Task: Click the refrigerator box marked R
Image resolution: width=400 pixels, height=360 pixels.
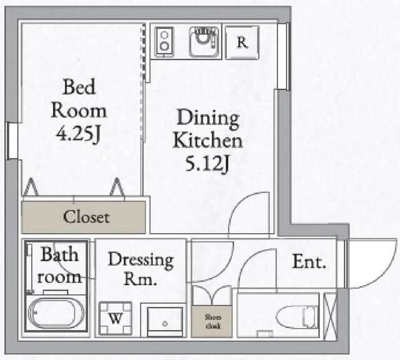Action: (242, 42)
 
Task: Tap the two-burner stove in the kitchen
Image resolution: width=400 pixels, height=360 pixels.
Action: (164, 42)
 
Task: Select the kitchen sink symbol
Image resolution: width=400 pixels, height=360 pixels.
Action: (204, 42)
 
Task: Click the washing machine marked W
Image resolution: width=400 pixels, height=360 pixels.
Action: (115, 318)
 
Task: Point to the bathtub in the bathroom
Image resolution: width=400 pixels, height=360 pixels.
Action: (56, 312)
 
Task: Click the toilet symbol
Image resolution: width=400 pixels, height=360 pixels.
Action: (297, 317)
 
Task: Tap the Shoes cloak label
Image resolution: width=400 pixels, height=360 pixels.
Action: (213, 321)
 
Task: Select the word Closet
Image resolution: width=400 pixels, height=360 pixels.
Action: (86, 217)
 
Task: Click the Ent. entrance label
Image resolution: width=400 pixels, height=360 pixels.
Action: (309, 261)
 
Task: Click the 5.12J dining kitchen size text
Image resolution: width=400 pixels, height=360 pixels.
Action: (207, 164)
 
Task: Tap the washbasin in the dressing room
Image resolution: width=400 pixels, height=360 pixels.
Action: (165, 322)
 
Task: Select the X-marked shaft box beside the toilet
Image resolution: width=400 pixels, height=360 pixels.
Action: (330, 317)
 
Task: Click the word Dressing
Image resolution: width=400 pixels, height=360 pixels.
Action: (141, 261)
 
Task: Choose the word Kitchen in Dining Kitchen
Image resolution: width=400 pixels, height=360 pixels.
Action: (207, 141)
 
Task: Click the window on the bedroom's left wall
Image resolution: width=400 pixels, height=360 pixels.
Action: (11, 141)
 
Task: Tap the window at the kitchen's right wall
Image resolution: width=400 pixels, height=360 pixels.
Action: (283, 56)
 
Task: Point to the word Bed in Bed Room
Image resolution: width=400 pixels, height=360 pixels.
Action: (79, 87)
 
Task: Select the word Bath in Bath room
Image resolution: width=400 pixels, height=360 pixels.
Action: (59, 254)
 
